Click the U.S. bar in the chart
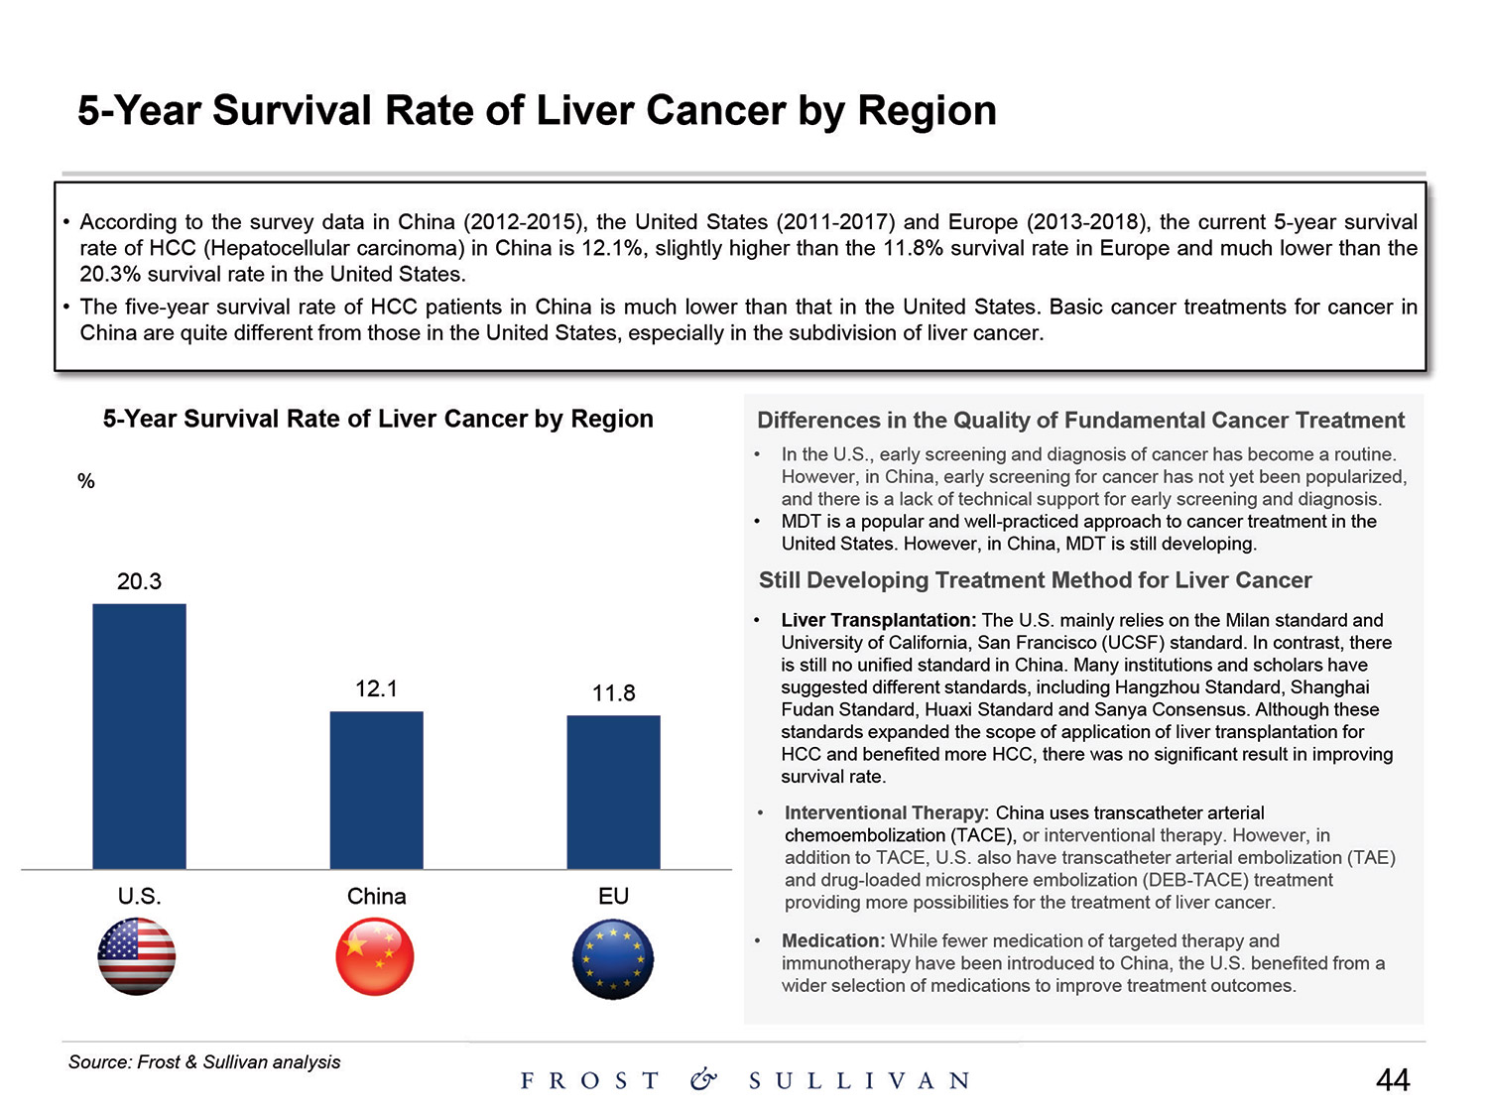(139, 736)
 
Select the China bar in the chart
(376, 790)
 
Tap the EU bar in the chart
(613, 792)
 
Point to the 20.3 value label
(139, 581)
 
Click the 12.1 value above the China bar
(376, 688)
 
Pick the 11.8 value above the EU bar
(613, 693)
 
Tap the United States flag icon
(137, 956)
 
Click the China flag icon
(375, 957)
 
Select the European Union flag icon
(613, 958)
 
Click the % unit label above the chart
(86, 481)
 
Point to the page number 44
(1393, 1080)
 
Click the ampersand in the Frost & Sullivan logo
(703, 1079)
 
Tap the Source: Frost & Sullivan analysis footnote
(204, 1062)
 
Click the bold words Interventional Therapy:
(887, 813)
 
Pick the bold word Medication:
(833, 940)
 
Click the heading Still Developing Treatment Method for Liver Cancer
(1035, 580)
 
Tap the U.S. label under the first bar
(139, 897)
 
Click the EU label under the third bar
(613, 897)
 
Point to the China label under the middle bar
(376, 897)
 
